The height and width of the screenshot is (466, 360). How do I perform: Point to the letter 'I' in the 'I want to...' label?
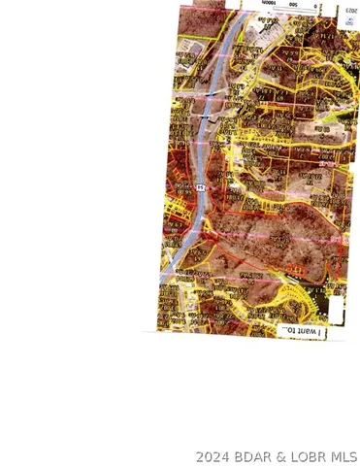pyautogui.click(x=318, y=332)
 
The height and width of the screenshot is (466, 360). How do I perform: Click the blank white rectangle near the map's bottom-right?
pyautogui.click(x=335, y=309)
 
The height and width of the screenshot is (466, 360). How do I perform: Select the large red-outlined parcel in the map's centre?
pyautogui.click(x=262, y=233)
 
